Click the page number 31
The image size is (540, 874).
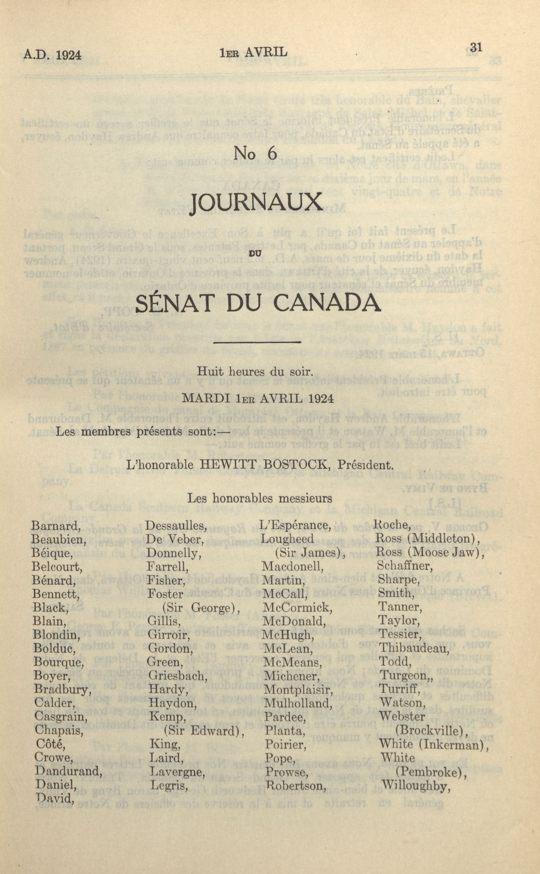tap(476, 48)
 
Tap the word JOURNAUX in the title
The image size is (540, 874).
tap(256, 203)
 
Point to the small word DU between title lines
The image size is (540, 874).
tap(257, 253)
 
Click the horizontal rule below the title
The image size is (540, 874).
tap(256, 342)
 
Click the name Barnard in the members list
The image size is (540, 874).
tap(54, 526)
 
